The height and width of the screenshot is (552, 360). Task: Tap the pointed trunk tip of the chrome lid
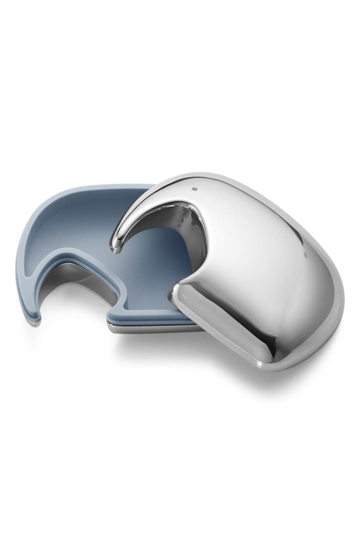114,246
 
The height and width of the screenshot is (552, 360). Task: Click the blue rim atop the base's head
92,190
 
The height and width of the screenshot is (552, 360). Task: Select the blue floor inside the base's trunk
46,258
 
